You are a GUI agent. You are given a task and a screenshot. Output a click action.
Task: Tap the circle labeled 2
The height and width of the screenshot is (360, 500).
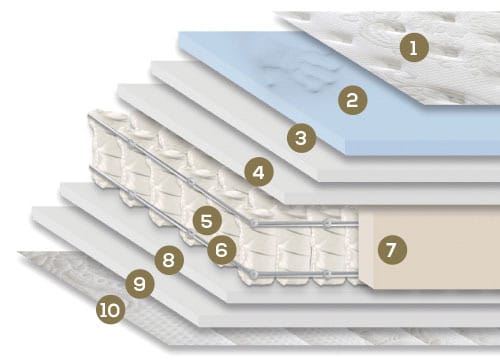click(x=352, y=100)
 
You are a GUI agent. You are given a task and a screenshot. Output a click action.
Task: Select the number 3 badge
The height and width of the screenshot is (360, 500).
click(x=301, y=138)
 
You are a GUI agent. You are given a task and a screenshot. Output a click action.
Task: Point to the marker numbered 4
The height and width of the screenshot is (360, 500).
click(x=259, y=172)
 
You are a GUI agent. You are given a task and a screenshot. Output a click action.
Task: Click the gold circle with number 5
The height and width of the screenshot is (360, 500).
click(x=207, y=220)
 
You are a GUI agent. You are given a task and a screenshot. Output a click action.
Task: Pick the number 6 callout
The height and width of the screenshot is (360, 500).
click(x=222, y=250)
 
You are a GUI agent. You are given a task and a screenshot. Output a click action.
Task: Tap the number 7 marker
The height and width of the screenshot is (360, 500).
click(x=392, y=249)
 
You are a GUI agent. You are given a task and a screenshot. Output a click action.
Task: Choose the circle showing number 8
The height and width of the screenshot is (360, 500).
click(x=169, y=260)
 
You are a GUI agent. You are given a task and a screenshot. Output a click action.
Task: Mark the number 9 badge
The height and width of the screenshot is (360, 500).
click(x=139, y=284)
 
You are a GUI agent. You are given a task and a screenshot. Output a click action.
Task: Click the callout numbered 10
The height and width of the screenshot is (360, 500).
click(x=110, y=310)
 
